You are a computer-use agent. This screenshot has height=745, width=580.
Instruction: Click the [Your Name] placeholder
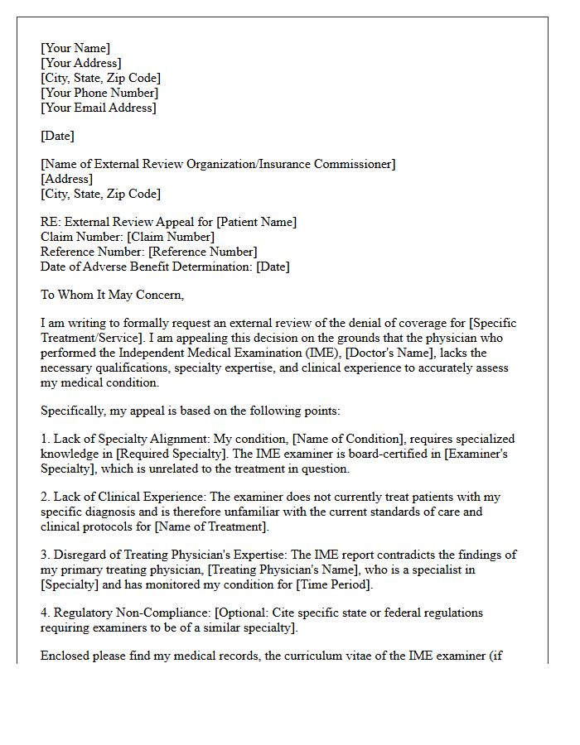coord(75,48)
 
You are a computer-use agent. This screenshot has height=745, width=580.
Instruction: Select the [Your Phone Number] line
coord(99,93)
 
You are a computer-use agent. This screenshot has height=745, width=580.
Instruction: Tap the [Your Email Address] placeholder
coord(98,108)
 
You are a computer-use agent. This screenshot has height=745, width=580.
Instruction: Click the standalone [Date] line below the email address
coord(58,136)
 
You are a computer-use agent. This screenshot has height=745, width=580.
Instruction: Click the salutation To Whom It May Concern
coord(112,295)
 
